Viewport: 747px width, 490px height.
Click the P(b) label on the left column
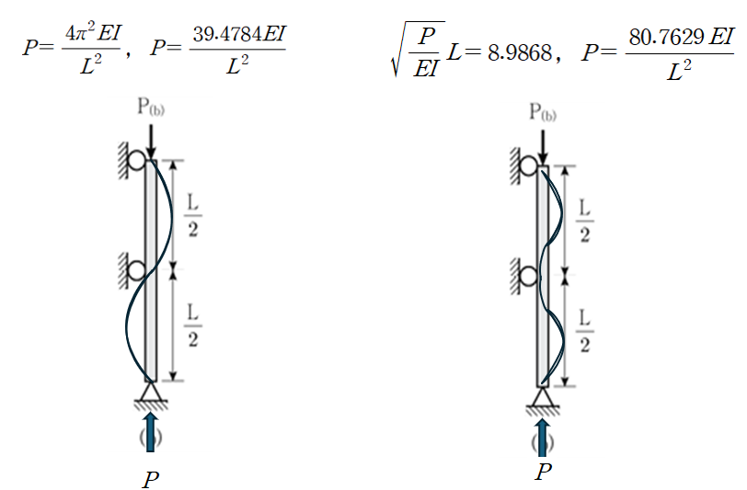coord(152,109)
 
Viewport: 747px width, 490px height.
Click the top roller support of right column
coord(528,165)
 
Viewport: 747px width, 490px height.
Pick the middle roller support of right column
coord(528,275)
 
